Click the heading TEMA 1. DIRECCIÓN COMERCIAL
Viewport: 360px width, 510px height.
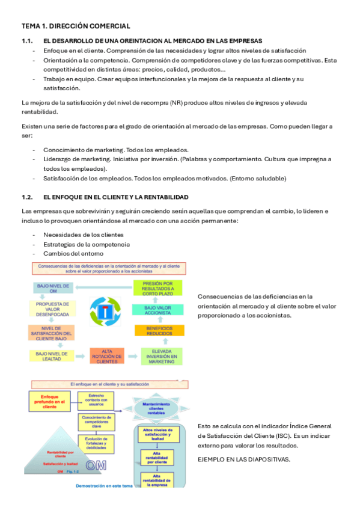point(76,26)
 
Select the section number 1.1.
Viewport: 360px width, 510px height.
point(26,41)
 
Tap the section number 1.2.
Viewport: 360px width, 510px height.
point(26,197)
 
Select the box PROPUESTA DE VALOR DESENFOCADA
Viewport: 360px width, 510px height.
point(53,309)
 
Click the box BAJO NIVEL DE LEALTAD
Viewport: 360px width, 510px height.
point(52,355)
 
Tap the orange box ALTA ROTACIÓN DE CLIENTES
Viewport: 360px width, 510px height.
point(107,356)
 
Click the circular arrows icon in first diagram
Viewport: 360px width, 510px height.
point(105,312)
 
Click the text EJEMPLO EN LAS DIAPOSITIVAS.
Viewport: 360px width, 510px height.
point(243,459)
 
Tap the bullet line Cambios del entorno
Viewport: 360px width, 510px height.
point(69,253)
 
